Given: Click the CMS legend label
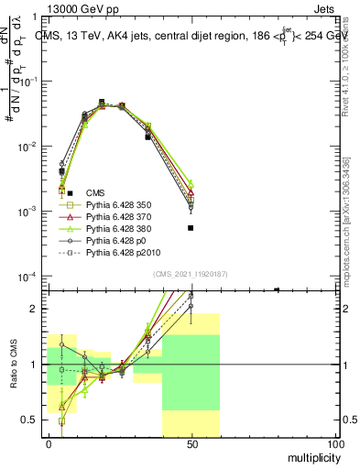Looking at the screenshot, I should [x=95, y=192].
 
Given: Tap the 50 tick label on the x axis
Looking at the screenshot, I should [x=191, y=443].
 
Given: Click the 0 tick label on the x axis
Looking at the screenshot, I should [x=49, y=443].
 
